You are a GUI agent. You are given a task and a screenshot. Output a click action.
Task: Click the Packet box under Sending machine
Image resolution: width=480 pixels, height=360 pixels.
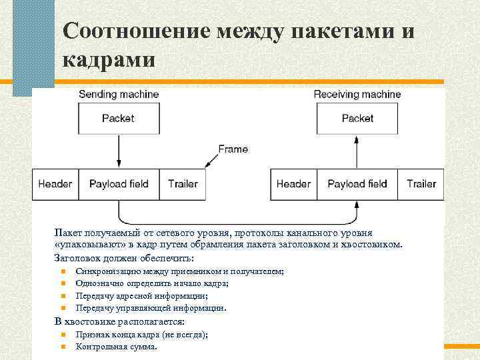coord(118,118)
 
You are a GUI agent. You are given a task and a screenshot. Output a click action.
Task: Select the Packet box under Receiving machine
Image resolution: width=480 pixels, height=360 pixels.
coord(357,118)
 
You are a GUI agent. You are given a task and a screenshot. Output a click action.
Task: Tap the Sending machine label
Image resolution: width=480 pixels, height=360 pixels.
coord(119,94)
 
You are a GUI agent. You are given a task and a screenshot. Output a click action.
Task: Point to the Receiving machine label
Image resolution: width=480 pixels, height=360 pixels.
coord(357,94)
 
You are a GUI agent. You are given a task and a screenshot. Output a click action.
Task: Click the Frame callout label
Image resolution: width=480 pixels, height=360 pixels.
coord(233,149)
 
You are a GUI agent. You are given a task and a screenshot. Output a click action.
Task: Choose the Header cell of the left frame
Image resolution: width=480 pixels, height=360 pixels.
coord(55,183)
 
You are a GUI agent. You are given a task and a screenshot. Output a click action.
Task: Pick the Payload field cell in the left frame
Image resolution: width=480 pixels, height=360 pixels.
coord(119,183)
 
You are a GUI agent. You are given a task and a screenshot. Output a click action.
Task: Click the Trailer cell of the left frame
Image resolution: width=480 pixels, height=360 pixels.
coord(183,183)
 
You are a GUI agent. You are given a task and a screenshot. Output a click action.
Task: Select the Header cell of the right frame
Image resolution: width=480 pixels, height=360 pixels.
coord(293,183)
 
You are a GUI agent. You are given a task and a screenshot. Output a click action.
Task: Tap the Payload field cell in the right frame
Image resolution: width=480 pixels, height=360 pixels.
coord(357,183)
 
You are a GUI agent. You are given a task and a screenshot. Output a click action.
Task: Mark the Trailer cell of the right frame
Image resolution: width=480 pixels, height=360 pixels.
coord(421,183)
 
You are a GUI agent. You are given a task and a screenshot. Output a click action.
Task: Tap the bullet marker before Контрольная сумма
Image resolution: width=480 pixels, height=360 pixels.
coord(62,347)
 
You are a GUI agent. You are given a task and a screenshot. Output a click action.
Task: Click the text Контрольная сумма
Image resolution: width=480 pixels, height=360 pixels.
coord(117,347)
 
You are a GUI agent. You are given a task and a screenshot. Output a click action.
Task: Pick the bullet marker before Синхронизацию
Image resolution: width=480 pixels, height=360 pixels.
coord(62,271)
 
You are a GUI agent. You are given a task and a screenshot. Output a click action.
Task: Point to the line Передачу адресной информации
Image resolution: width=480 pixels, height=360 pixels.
coord(141,296)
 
